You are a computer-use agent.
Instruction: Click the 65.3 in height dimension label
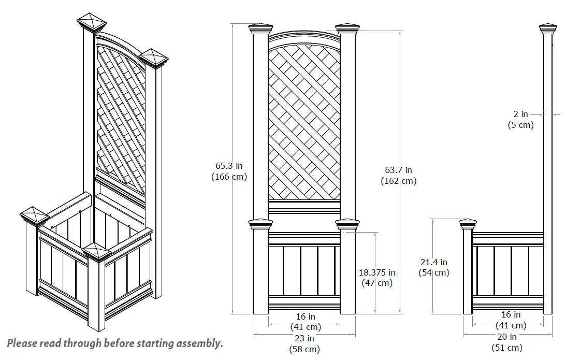pyautogui.click(x=228, y=166)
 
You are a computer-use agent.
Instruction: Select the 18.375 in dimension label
pyautogui.click(x=377, y=272)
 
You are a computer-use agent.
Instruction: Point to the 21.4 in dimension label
pyautogui.click(x=433, y=263)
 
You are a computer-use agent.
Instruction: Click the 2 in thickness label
pyautogui.click(x=520, y=114)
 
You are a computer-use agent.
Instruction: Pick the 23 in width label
pyautogui.click(x=304, y=338)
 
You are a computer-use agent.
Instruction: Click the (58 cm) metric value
pyautogui.click(x=304, y=349)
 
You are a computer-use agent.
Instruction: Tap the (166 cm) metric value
pyautogui.click(x=228, y=177)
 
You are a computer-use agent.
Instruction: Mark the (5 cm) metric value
pyautogui.click(x=520, y=125)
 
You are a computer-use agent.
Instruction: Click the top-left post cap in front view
pyautogui.click(x=260, y=28)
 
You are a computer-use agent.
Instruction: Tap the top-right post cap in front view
pyautogui.click(x=347, y=28)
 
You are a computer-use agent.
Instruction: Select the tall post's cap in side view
pyautogui.click(x=548, y=28)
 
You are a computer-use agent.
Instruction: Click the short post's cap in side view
pyautogui.click(x=468, y=224)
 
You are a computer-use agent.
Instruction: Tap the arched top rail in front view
pyautogui.click(x=304, y=37)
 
